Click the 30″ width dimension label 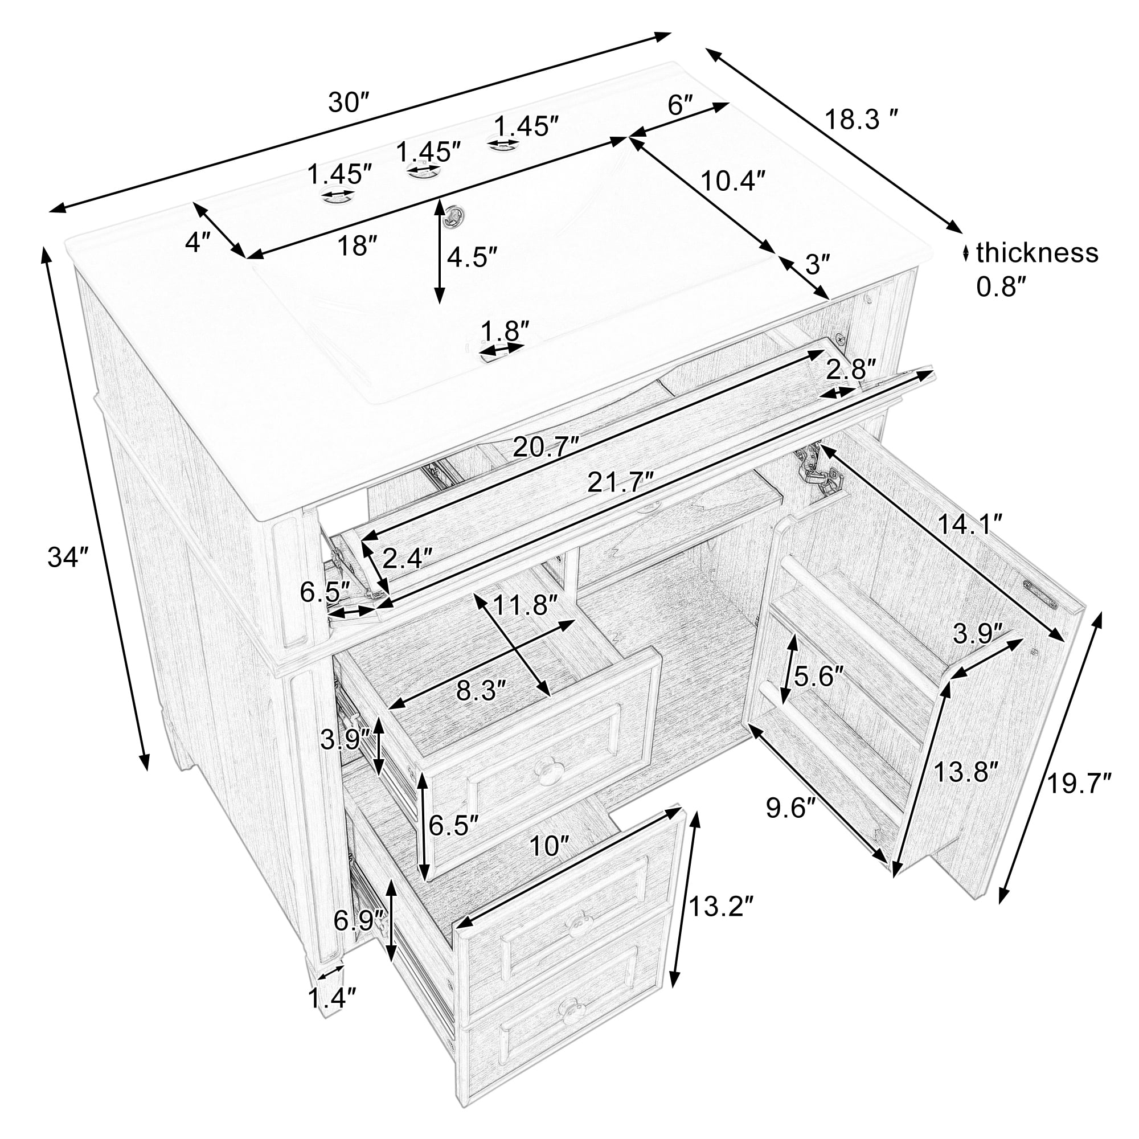pyautogui.click(x=349, y=103)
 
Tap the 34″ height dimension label pyautogui.click(x=68, y=557)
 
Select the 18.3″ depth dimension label pyautogui.click(x=861, y=120)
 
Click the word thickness pyautogui.click(x=1037, y=253)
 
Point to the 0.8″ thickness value pyautogui.click(x=1002, y=286)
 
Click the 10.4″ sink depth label pyautogui.click(x=733, y=181)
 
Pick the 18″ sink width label pyautogui.click(x=357, y=246)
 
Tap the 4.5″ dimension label pyautogui.click(x=472, y=257)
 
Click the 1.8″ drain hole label pyautogui.click(x=505, y=331)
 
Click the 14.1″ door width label pyautogui.click(x=971, y=524)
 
